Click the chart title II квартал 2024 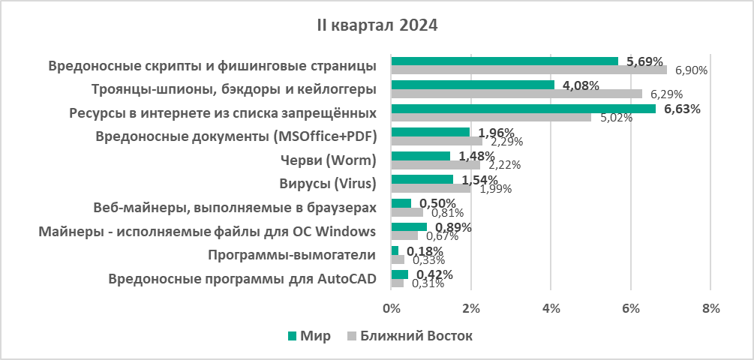tap(377, 25)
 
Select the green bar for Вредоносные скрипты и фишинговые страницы tap(504, 61)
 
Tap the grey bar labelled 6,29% tap(516, 94)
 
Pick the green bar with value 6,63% tap(523, 109)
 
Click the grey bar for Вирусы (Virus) tap(431, 188)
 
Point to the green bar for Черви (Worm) tap(420, 156)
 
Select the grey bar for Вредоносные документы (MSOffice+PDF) tap(437, 141)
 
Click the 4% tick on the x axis tap(551, 308)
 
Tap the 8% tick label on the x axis tap(710, 308)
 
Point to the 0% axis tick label tap(391, 308)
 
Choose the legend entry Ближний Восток tap(416, 335)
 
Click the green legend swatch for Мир tap(291, 335)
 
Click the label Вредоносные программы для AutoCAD tap(242, 279)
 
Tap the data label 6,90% tap(692, 70)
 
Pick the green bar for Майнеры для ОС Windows tap(409, 226)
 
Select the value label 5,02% tap(616, 118)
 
